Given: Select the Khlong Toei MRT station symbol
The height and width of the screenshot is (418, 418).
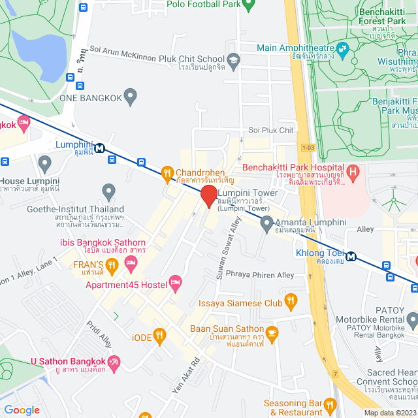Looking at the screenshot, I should click(352, 256).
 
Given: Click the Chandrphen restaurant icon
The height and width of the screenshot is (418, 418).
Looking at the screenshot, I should click(167, 173).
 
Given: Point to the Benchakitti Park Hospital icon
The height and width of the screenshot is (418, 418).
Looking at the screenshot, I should click(353, 173).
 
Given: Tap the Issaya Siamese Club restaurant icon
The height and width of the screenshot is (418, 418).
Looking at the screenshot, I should click(291, 302).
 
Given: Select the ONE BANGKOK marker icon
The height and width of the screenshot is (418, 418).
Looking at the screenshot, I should click(131, 97).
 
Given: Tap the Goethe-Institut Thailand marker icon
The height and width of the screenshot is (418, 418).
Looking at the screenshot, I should click(108, 192).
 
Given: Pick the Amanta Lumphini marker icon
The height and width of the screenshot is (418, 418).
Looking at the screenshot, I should click(266, 224).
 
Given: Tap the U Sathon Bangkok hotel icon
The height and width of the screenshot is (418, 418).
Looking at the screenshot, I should click(114, 362).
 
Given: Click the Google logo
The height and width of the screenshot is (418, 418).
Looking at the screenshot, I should click(22, 410).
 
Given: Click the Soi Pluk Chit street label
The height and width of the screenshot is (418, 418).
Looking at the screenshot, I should click(271, 130).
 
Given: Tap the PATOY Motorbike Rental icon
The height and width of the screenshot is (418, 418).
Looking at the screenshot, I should click(411, 320).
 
